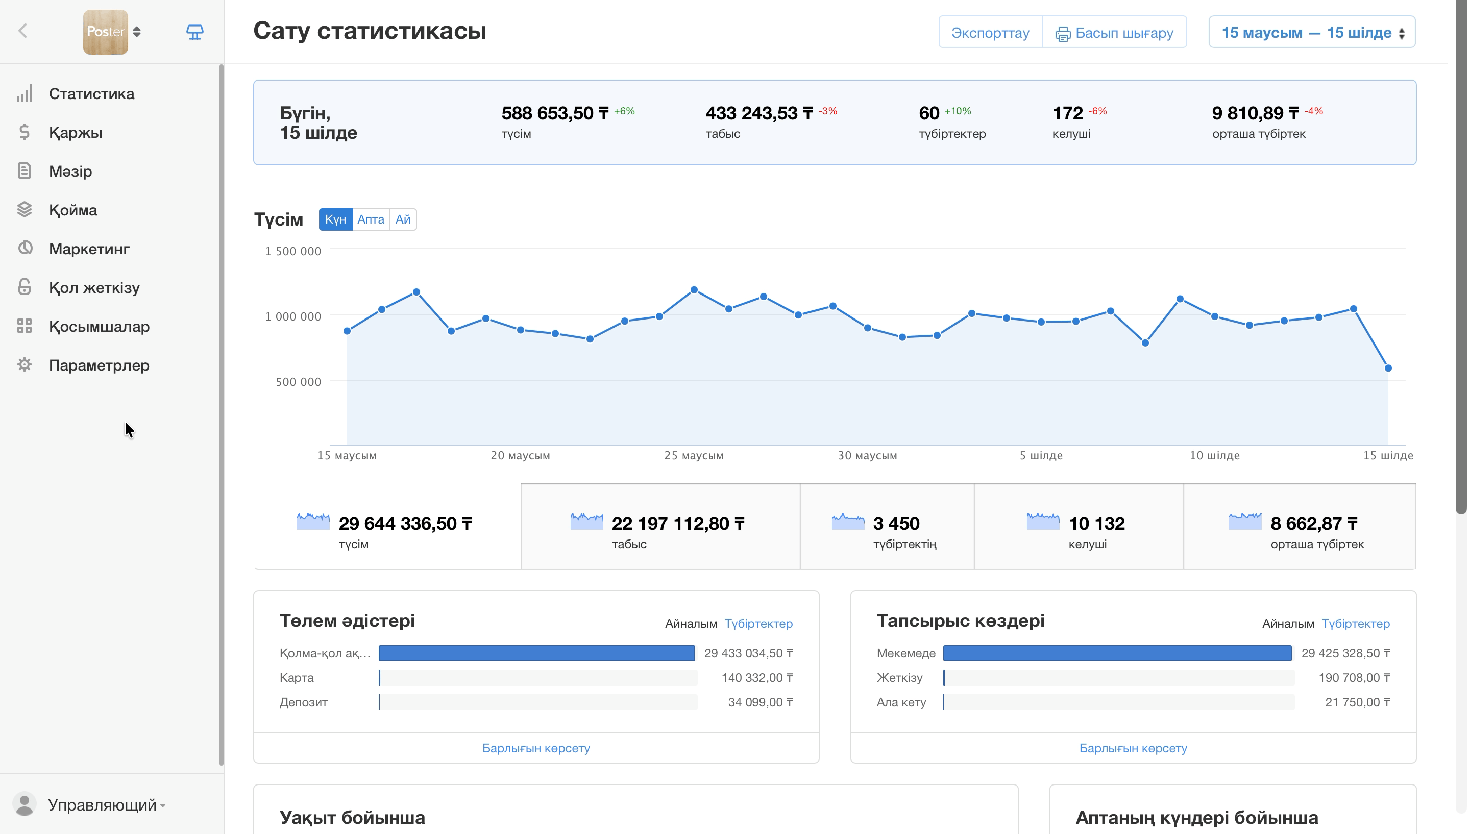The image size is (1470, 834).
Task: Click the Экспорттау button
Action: tap(990, 33)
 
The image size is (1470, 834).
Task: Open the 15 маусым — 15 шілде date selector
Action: tap(1311, 33)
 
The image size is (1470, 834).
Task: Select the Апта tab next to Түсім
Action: tap(371, 219)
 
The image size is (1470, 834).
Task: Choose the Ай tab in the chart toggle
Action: tap(403, 219)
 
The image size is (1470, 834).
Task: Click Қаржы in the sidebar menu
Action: tap(76, 132)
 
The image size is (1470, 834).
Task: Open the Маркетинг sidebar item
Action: tap(89, 249)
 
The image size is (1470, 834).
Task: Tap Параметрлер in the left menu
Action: tap(99, 365)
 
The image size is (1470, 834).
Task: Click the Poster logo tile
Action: tap(105, 32)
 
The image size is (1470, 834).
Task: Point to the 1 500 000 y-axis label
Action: tap(292, 251)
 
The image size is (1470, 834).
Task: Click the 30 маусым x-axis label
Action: tap(867, 455)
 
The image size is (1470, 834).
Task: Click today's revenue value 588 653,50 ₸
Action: tap(555, 113)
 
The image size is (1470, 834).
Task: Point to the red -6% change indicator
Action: tap(1097, 111)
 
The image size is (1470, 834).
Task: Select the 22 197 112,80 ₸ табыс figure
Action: tap(678, 524)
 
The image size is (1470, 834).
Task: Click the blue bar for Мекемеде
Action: tap(1117, 653)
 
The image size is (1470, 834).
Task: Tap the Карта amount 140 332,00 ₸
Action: tap(757, 678)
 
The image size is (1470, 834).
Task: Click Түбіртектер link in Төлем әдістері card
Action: tap(758, 623)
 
